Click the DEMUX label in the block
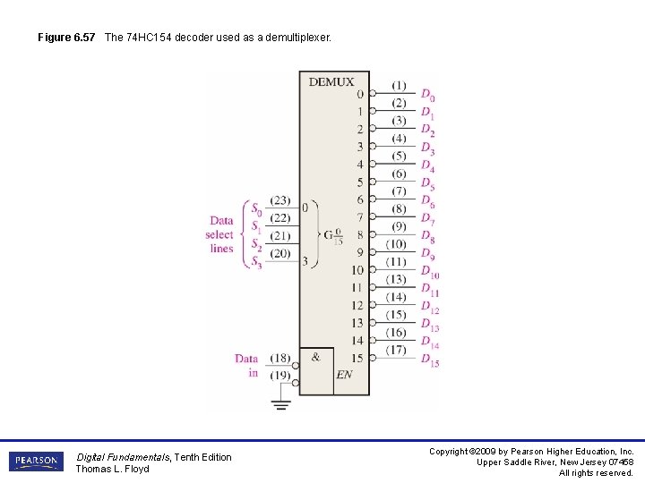coord(331,81)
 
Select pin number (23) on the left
coord(279,201)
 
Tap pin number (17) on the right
coord(396,350)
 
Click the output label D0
coord(427,96)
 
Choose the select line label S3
coord(256,262)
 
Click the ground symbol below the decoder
coord(280,403)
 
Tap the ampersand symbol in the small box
coord(315,357)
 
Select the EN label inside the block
coord(344,375)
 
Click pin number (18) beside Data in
coord(279,358)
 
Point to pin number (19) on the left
coord(279,375)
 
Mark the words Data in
coord(246,366)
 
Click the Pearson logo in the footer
coord(36,462)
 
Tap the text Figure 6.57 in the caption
coord(66,38)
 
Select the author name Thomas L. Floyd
coord(112,469)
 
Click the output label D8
coord(427,237)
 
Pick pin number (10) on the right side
coord(396,244)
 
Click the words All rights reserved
coord(596,472)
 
